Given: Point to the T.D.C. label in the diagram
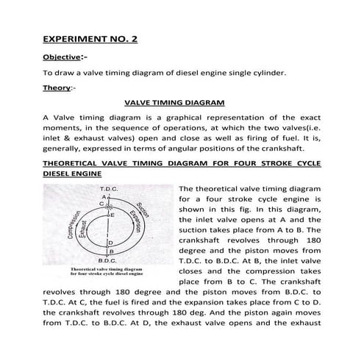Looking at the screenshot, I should coord(108,189).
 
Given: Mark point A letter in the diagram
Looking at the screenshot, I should coord(105,197).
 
